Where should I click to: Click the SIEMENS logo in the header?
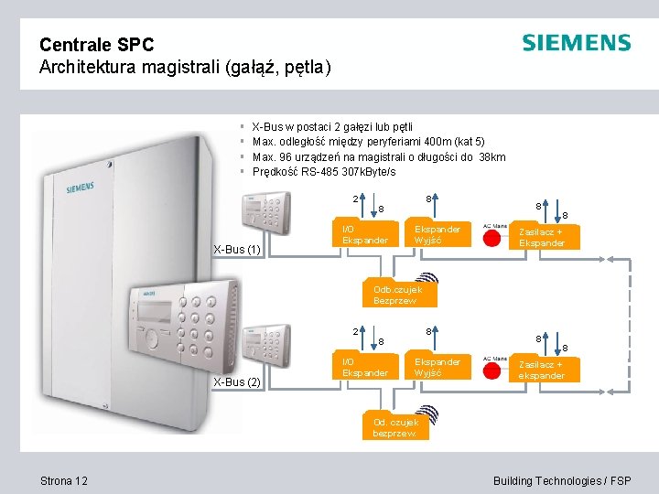click(x=576, y=43)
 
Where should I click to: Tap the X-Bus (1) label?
click(x=237, y=249)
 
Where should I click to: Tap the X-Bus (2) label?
click(x=237, y=381)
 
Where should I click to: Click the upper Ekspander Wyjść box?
click(x=438, y=234)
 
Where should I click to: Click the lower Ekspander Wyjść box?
click(x=438, y=367)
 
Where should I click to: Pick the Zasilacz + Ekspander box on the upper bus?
click(x=541, y=237)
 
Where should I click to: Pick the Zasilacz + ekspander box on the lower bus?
click(x=541, y=370)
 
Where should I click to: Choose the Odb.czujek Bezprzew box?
click(x=395, y=295)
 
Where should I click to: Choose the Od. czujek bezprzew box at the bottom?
click(x=395, y=427)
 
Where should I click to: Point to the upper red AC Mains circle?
click(x=495, y=238)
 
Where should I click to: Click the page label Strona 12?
click(x=64, y=481)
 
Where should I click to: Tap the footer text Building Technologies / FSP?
click(x=561, y=481)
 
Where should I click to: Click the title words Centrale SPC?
click(x=97, y=44)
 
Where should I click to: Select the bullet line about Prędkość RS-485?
click(x=323, y=172)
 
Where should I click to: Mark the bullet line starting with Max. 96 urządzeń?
click(x=378, y=156)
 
